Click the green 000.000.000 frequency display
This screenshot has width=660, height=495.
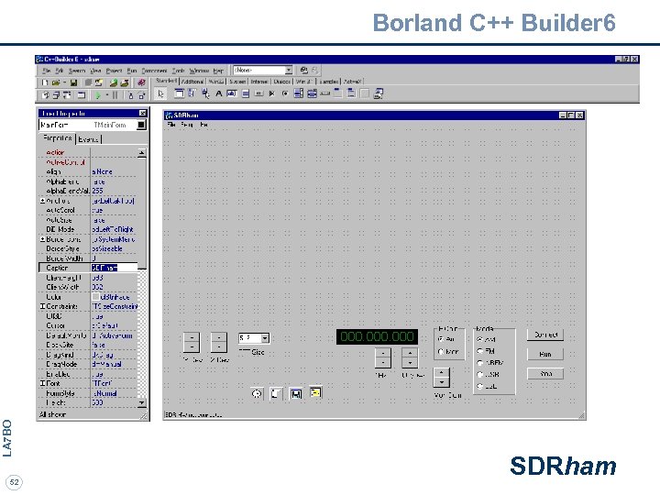(x=377, y=336)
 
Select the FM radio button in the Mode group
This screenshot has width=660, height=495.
(x=479, y=350)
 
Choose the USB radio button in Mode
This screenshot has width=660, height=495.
(x=479, y=374)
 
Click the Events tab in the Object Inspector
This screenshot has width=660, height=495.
(x=89, y=139)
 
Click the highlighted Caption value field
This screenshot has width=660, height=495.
(x=113, y=268)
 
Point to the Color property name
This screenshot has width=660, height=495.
(x=54, y=297)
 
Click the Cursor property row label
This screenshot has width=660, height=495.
(x=55, y=325)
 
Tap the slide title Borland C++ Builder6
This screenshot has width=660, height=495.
(x=494, y=22)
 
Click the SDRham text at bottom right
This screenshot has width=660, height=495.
(x=563, y=467)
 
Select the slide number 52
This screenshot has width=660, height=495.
(x=14, y=481)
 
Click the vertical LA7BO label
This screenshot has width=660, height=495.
(x=7, y=437)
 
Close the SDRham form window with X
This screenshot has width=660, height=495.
(x=579, y=115)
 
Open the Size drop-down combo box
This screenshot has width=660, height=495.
(x=265, y=338)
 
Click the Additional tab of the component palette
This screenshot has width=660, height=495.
(x=192, y=82)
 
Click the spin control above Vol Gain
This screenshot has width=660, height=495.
(x=442, y=378)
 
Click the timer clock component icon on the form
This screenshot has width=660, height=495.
(x=257, y=393)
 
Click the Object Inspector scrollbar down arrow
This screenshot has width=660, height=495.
(x=142, y=403)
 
